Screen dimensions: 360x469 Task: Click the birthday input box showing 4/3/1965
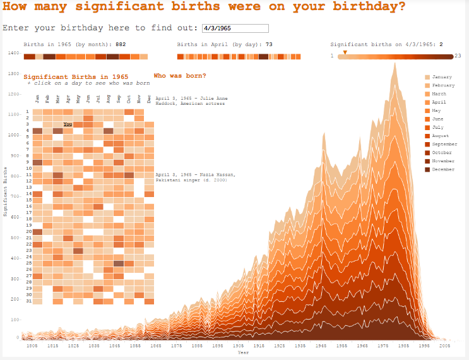(x=235, y=28)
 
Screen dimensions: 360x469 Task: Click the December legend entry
(x=442, y=169)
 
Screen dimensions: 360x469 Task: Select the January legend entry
(x=441, y=77)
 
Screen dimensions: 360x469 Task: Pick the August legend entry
(x=441, y=136)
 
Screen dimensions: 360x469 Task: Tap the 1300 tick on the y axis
(x=13, y=74)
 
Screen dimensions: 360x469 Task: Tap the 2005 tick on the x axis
(x=445, y=346)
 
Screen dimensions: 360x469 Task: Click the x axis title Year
(x=243, y=353)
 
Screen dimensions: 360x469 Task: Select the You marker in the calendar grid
(x=68, y=124)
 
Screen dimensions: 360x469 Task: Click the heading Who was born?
(x=179, y=76)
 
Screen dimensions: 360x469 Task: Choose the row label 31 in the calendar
(x=28, y=301)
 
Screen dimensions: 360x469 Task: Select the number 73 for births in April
(x=269, y=45)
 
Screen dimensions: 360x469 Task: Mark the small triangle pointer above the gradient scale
(x=345, y=52)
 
